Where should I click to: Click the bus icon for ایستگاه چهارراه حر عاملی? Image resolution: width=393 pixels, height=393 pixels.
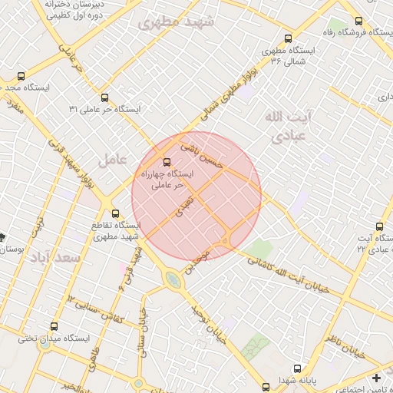click(167, 162)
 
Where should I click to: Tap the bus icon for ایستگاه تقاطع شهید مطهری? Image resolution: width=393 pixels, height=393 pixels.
click(115, 213)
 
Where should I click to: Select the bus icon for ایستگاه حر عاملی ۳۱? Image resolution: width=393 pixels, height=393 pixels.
click(104, 97)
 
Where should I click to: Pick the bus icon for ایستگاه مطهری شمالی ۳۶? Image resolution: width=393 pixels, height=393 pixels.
click(288, 38)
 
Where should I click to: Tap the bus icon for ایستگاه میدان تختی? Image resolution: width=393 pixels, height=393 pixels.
click(53, 326)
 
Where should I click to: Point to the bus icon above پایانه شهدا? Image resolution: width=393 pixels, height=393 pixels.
click(297, 368)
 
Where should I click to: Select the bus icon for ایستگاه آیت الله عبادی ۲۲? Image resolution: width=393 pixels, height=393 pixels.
click(380, 227)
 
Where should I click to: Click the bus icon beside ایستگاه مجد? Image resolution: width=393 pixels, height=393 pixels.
click(21, 77)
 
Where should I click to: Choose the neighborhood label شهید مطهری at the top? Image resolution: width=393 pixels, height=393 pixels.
click(174, 23)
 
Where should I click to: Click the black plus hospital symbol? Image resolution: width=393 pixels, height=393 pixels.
click(376, 378)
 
